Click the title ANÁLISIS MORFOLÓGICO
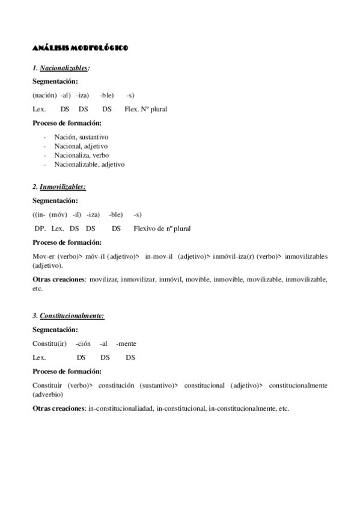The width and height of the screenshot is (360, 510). coord(79,48)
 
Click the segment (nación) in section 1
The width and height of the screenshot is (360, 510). coord(44,95)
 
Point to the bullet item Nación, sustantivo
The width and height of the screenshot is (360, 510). coord(81,137)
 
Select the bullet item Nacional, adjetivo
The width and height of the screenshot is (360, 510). coord(81,146)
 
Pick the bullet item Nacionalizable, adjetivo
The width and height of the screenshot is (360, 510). coord(89,164)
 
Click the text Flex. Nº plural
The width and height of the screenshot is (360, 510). coord(145,109)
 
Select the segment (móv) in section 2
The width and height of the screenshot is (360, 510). coord(59,214)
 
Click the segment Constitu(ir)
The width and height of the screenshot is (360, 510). coord(49,343)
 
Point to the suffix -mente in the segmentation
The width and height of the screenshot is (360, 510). coord(126,343)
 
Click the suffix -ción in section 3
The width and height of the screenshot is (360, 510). coord(83,343)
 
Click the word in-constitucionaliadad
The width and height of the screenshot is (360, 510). coord(120,409)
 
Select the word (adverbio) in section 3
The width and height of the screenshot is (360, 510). coord(47,395)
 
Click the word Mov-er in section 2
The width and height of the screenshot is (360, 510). coord(44,256)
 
